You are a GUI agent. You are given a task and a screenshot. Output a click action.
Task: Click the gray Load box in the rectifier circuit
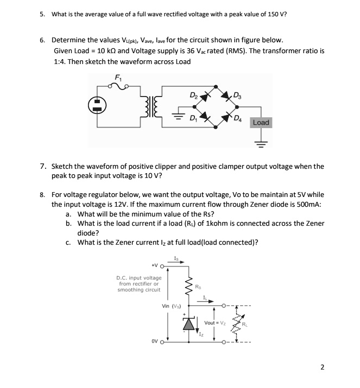[x=261, y=123]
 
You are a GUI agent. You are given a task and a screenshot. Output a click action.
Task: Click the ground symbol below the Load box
[x=261, y=144]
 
